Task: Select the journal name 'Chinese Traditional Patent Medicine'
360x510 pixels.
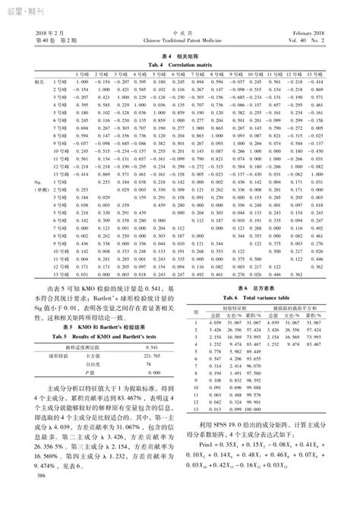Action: [x=180, y=41]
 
